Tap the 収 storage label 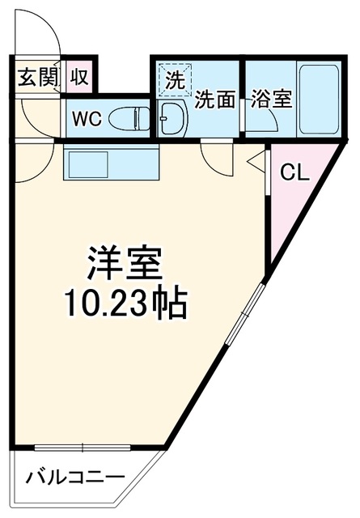tap(79, 77)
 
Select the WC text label tap(87, 119)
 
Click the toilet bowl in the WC tap(129, 118)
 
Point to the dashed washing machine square tap(175, 80)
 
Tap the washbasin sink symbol tap(172, 117)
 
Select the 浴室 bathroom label tap(272, 99)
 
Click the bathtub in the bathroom tap(319, 99)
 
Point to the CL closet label tap(294, 172)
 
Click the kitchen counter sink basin tap(88, 164)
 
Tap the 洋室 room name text tap(125, 262)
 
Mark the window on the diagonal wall tap(245, 314)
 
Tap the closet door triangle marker tap(257, 161)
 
